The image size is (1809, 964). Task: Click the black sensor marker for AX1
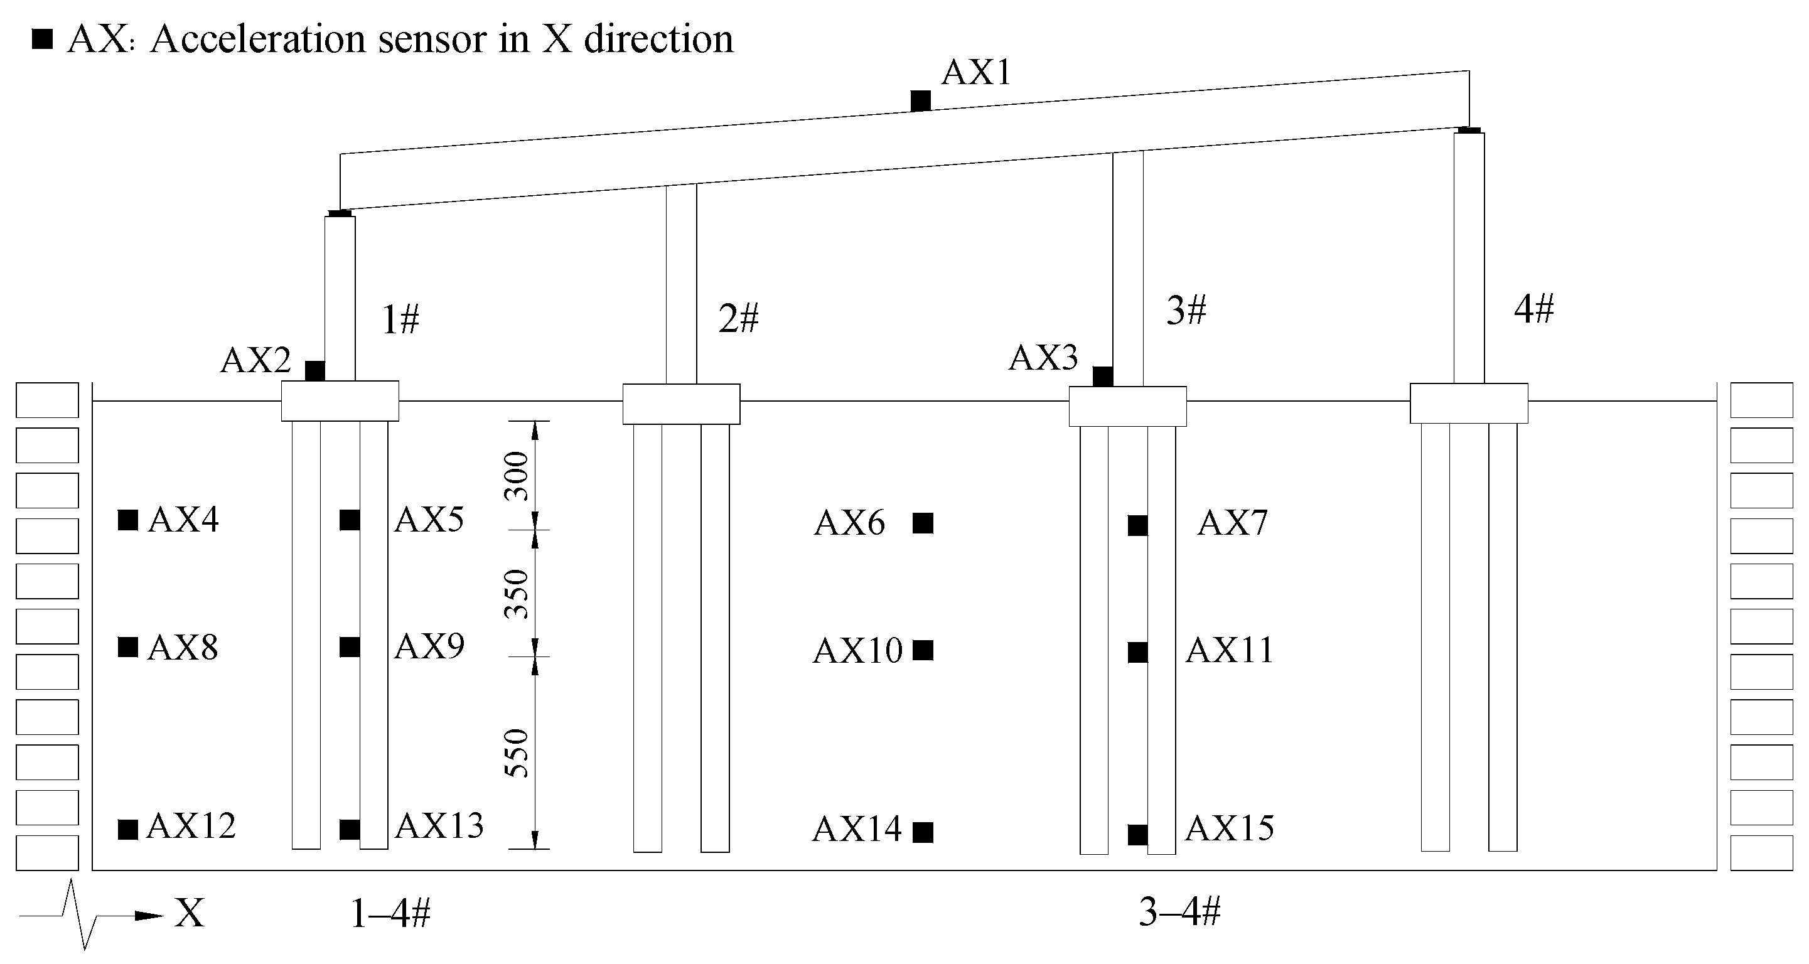921,101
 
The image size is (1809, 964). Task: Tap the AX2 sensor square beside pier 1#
314,371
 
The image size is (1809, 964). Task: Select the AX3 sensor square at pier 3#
1102,377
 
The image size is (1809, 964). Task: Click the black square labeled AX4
128,520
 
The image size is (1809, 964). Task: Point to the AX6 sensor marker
923,523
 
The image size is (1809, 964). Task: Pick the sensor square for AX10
923,651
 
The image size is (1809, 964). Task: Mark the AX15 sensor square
1137,835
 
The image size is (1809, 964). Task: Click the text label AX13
439,827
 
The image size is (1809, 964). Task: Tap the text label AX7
1232,523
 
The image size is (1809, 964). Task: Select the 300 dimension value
518,475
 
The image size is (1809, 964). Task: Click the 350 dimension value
518,594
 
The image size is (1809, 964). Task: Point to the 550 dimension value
518,753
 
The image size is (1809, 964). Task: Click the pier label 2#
738,319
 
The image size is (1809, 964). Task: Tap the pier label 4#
1533,309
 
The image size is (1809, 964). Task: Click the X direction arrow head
149,916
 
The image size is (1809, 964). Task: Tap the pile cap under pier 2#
681,404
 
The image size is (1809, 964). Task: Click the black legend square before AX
43,40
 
